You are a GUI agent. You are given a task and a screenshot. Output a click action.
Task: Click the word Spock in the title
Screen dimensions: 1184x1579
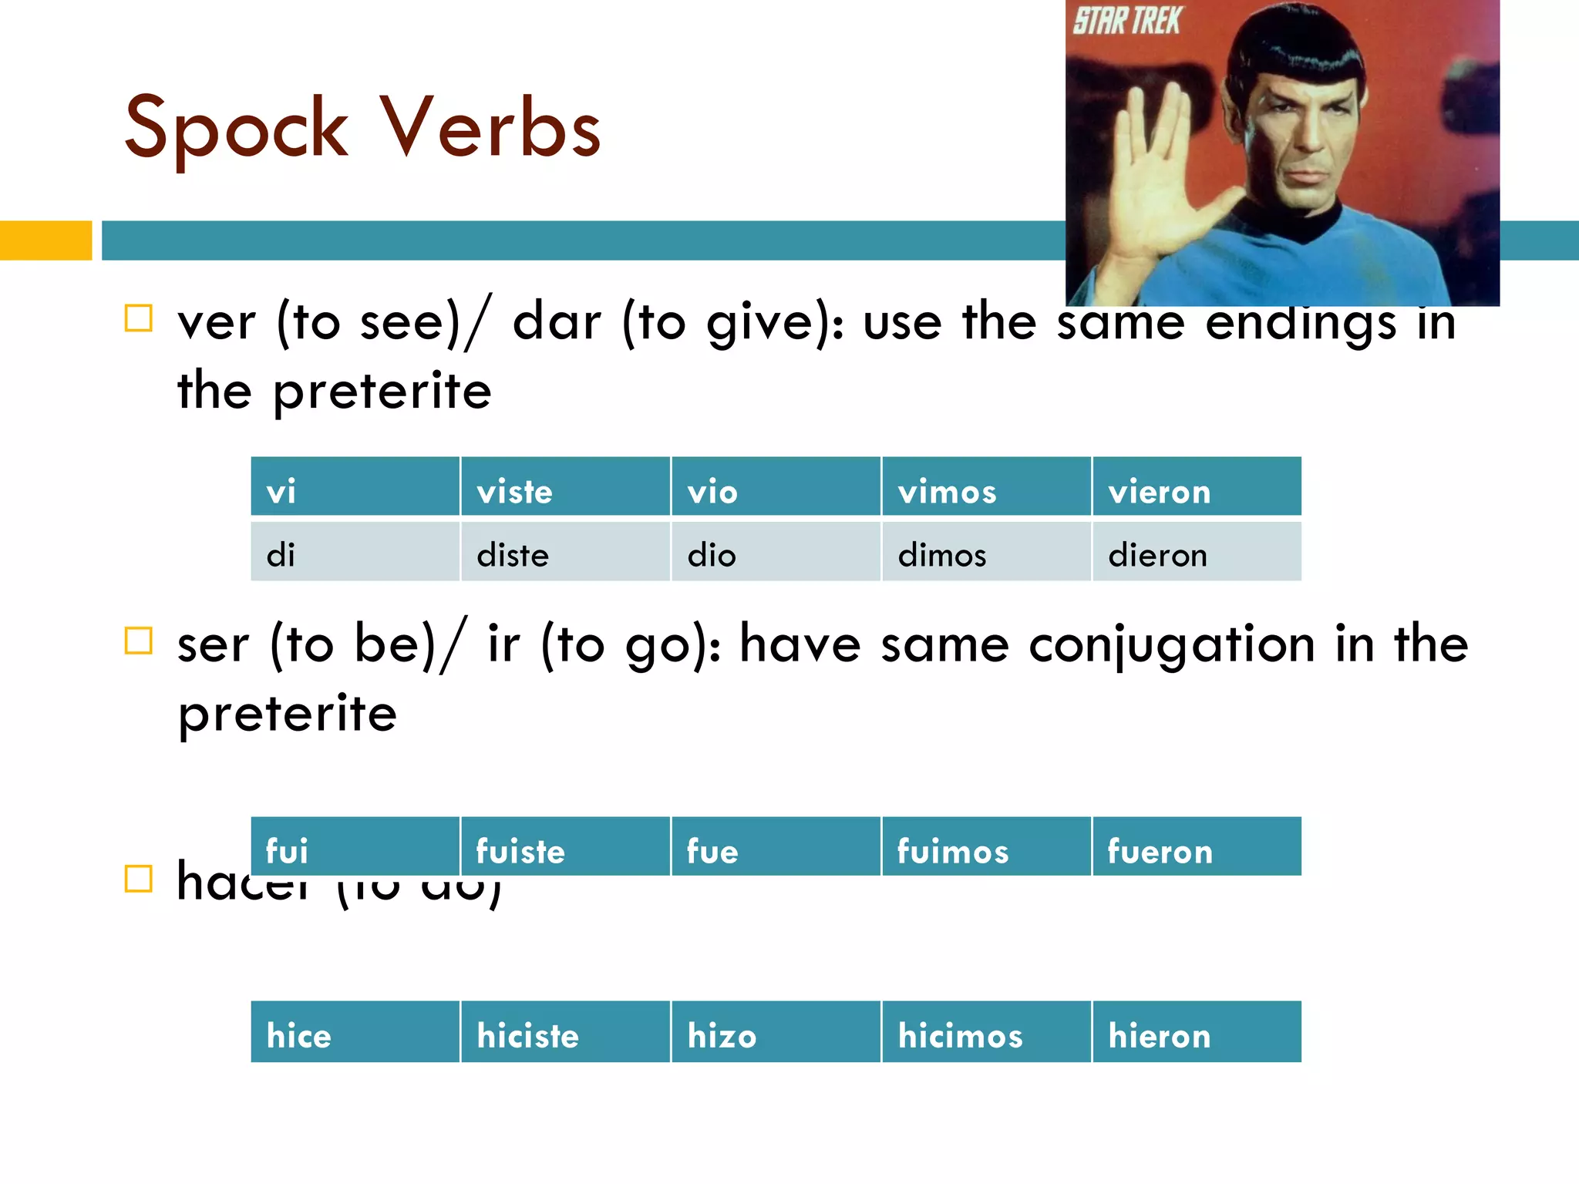point(235,129)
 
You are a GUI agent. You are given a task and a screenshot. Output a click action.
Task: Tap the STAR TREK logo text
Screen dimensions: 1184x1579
point(1126,21)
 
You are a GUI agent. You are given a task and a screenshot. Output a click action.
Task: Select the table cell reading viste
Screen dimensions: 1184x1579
point(565,487)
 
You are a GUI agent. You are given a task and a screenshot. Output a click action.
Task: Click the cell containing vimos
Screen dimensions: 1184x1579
point(985,487)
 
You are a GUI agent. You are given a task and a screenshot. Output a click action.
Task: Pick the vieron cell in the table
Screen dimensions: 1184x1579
point(1197,487)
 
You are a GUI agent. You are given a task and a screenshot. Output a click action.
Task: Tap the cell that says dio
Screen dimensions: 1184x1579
point(775,552)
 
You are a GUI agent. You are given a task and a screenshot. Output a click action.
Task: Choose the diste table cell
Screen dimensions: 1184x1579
point(565,552)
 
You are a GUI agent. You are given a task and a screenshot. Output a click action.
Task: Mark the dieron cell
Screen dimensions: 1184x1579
point(1197,552)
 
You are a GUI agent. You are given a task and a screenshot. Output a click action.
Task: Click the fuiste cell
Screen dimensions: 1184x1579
point(565,847)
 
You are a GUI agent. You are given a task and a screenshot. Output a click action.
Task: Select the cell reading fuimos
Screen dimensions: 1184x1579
point(985,847)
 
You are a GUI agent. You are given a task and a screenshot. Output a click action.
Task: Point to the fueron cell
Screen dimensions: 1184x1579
point(1197,847)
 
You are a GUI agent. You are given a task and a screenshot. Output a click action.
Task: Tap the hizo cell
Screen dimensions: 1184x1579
point(775,1032)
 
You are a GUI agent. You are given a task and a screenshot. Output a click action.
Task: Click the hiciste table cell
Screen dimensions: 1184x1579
point(565,1032)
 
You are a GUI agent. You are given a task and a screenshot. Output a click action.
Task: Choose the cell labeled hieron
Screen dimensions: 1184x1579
point(1197,1032)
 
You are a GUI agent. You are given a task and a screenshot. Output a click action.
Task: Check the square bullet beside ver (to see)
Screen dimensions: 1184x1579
point(139,318)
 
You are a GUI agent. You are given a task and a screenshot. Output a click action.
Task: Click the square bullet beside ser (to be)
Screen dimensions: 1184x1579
point(139,640)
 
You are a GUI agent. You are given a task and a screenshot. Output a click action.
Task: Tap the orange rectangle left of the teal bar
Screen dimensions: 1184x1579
point(45,240)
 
